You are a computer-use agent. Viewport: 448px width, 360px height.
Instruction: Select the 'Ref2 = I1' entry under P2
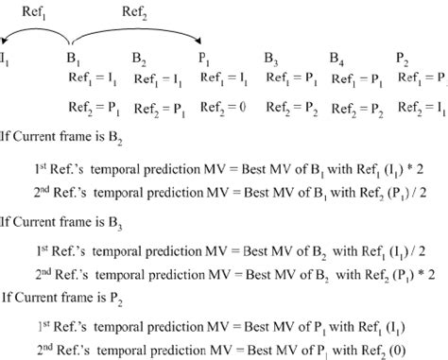point(419,107)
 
